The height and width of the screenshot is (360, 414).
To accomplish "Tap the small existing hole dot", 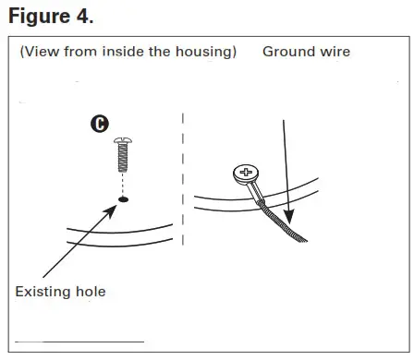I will pos(122,198).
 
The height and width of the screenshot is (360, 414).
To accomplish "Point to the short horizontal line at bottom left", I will pos(79,342).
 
